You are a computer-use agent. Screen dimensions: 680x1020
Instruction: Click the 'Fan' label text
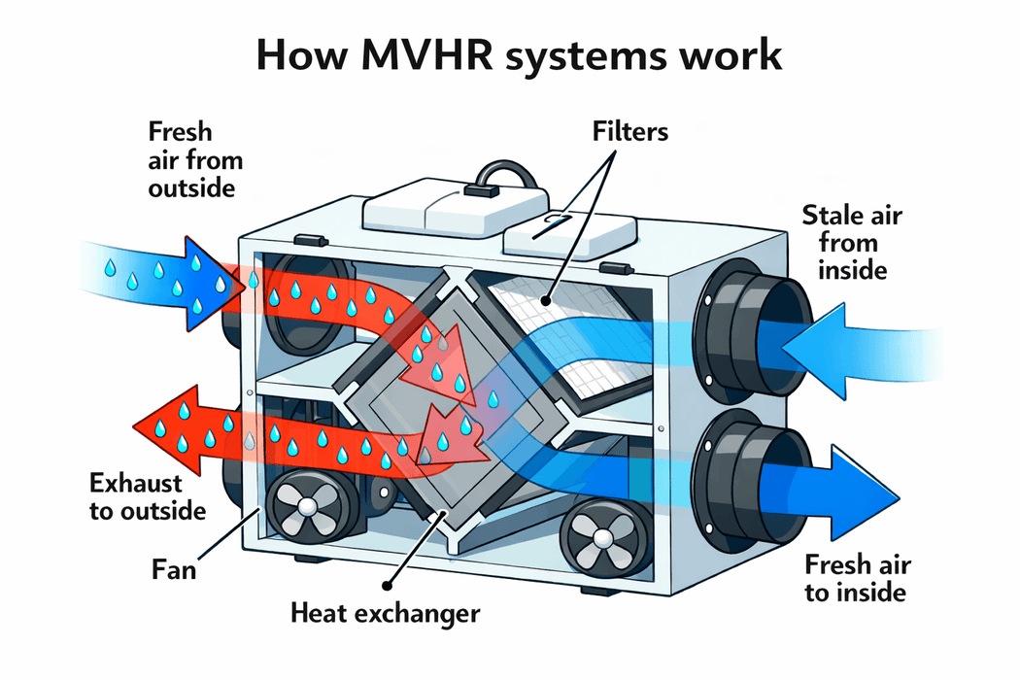pos(175,567)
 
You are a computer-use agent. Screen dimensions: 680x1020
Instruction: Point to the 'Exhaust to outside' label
pos(148,495)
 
